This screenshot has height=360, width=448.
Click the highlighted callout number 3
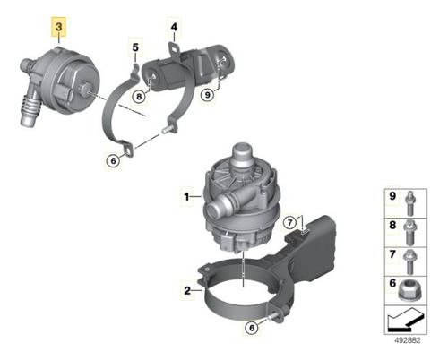(59, 27)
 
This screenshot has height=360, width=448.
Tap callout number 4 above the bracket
(174, 27)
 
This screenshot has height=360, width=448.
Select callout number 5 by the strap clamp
(135, 47)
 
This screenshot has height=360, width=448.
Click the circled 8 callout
(139, 97)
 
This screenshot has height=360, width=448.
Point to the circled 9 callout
(207, 95)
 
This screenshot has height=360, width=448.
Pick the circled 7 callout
(291, 223)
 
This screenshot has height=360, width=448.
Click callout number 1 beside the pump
(186, 197)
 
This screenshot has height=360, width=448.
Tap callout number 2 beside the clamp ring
(187, 290)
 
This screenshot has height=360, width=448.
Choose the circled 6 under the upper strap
(113, 161)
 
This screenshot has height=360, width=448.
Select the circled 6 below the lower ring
(252, 328)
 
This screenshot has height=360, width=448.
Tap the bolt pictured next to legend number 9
(410, 203)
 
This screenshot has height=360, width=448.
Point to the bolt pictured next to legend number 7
(409, 261)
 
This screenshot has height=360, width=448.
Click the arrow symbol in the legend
(405, 320)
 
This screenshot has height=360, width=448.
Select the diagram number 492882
(406, 340)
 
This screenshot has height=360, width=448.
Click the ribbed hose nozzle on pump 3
(30, 109)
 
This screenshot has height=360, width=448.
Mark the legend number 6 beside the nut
(392, 283)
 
